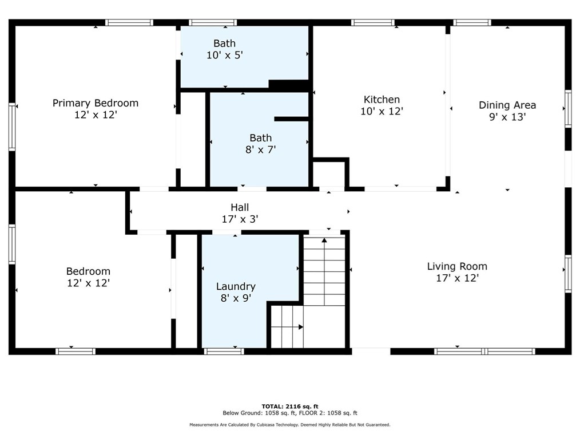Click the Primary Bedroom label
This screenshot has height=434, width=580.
coord(96,103)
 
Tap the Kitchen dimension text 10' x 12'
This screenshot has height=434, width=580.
coord(382,112)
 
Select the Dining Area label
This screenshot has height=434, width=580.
coord(507,105)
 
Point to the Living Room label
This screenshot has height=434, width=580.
coord(457,266)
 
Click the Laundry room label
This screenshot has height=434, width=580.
coord(236,287)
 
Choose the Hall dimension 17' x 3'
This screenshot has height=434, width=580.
coord(240,219)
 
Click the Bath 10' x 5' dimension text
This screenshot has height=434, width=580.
coord(225,55)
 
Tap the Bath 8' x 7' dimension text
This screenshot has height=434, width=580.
coord(261,149)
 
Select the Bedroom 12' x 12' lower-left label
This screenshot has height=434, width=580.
coord(88,277)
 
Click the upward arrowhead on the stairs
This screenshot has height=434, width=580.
coord(324,240)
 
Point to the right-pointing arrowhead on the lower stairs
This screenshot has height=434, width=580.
coord(301,327)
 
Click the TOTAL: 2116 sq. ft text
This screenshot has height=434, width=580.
coord(290,406)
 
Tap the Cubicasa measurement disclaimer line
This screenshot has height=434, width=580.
coord(290,425)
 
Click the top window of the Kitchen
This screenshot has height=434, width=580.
coord(373,22)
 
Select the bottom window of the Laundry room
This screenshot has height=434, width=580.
coord(224,352)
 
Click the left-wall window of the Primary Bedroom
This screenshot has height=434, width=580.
coord(12,127)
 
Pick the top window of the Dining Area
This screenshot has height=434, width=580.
coord(472,22)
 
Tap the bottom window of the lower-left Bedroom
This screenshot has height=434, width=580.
coord(76,352)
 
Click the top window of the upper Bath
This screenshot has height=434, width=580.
coord(213,22)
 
